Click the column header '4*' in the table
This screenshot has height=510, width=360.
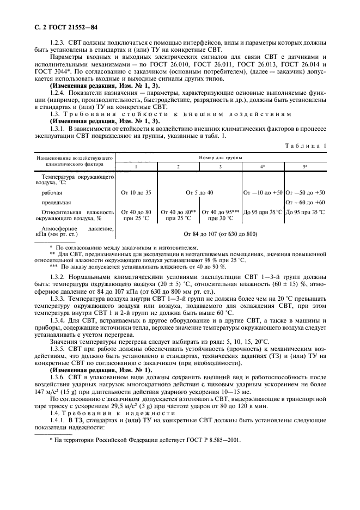263,166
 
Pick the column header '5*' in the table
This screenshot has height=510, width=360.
304,166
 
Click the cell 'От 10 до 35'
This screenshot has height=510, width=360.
137,192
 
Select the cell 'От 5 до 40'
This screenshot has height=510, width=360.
200,192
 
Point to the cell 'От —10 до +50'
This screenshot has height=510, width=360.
263,192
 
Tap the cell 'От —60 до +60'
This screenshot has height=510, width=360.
306,202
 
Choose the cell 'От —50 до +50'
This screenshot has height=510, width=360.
306,192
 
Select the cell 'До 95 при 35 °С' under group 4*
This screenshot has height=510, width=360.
263,211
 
